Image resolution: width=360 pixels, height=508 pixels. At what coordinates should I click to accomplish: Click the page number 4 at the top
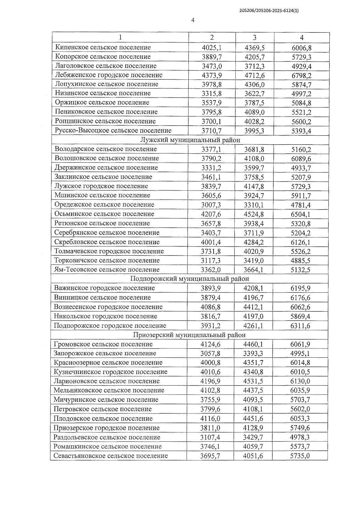tap(193, 20)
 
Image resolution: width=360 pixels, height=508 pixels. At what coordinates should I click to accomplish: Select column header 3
tap(254, 38)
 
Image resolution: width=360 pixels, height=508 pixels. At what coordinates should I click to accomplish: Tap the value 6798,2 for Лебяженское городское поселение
tap(301, 75)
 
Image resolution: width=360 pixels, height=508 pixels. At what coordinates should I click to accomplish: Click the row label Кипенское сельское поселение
tap(103, 47)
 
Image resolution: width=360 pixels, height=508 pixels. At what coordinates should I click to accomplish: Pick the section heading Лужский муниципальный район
tap(190, 140)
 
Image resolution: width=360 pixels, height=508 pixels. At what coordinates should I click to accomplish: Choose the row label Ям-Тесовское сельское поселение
tap(107, 269)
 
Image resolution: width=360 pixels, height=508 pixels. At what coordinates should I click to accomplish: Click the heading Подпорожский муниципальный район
tap(190, 279)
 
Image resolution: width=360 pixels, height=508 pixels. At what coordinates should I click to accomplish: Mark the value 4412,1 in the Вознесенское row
tap(253, 307)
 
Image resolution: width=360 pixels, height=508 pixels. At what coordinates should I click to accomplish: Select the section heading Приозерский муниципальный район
tap(189, 335)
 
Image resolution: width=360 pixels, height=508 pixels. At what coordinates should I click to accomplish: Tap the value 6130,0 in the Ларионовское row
tap(300, 381)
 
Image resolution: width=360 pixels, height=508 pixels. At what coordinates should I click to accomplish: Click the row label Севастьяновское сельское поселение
tap(110, 456)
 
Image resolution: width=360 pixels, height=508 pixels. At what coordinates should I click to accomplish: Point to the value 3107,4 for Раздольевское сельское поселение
tap(210, 437)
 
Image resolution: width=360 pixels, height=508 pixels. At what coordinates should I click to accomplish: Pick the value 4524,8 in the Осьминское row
tap(254, 214)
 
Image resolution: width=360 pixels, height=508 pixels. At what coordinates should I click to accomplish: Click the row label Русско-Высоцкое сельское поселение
tap(113, 131)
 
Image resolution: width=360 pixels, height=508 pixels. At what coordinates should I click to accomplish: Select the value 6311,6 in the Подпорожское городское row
tap(300, 326)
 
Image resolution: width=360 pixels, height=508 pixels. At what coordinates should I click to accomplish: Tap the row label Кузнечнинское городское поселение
tap(110, 372)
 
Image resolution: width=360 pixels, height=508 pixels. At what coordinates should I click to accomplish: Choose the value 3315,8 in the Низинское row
tap(211, 94)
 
